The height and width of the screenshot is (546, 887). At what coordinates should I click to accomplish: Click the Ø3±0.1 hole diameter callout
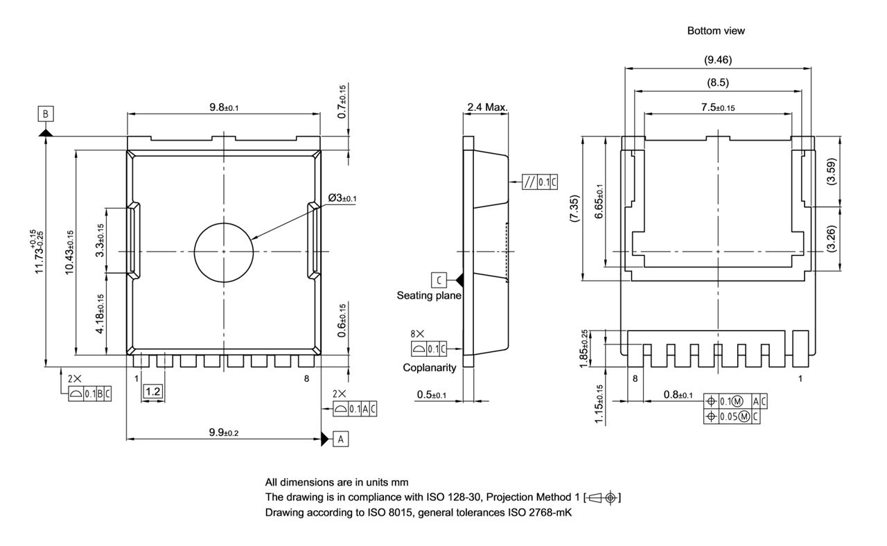[342, 199]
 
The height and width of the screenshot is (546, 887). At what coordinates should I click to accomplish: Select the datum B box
[46, 114]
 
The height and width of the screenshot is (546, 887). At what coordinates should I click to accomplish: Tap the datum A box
[340, 439]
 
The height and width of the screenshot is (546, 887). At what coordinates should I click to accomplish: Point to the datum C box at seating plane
[439, 279]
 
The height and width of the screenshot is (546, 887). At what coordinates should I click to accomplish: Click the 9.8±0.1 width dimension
[229, 107]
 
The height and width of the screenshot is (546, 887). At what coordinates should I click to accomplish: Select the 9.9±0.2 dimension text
[223, 432]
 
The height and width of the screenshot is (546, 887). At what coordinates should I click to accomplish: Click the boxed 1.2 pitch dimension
[152, 391]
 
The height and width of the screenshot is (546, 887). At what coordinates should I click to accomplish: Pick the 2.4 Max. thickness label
[487, 107]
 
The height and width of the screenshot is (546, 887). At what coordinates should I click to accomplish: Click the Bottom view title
[716, 30]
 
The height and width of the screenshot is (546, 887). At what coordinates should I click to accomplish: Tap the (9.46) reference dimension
[717, 60]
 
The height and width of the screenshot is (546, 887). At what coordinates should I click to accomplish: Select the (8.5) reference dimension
[717, 82]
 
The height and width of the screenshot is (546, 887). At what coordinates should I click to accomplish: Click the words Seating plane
[429, 295]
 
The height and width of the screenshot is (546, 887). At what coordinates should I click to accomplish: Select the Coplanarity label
[430, 368]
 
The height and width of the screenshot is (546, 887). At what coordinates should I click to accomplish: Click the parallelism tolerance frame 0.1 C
[540, 182]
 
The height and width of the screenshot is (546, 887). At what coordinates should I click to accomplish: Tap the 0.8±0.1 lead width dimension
[678, 395]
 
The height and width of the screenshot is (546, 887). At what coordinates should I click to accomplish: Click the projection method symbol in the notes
[603, 497]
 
